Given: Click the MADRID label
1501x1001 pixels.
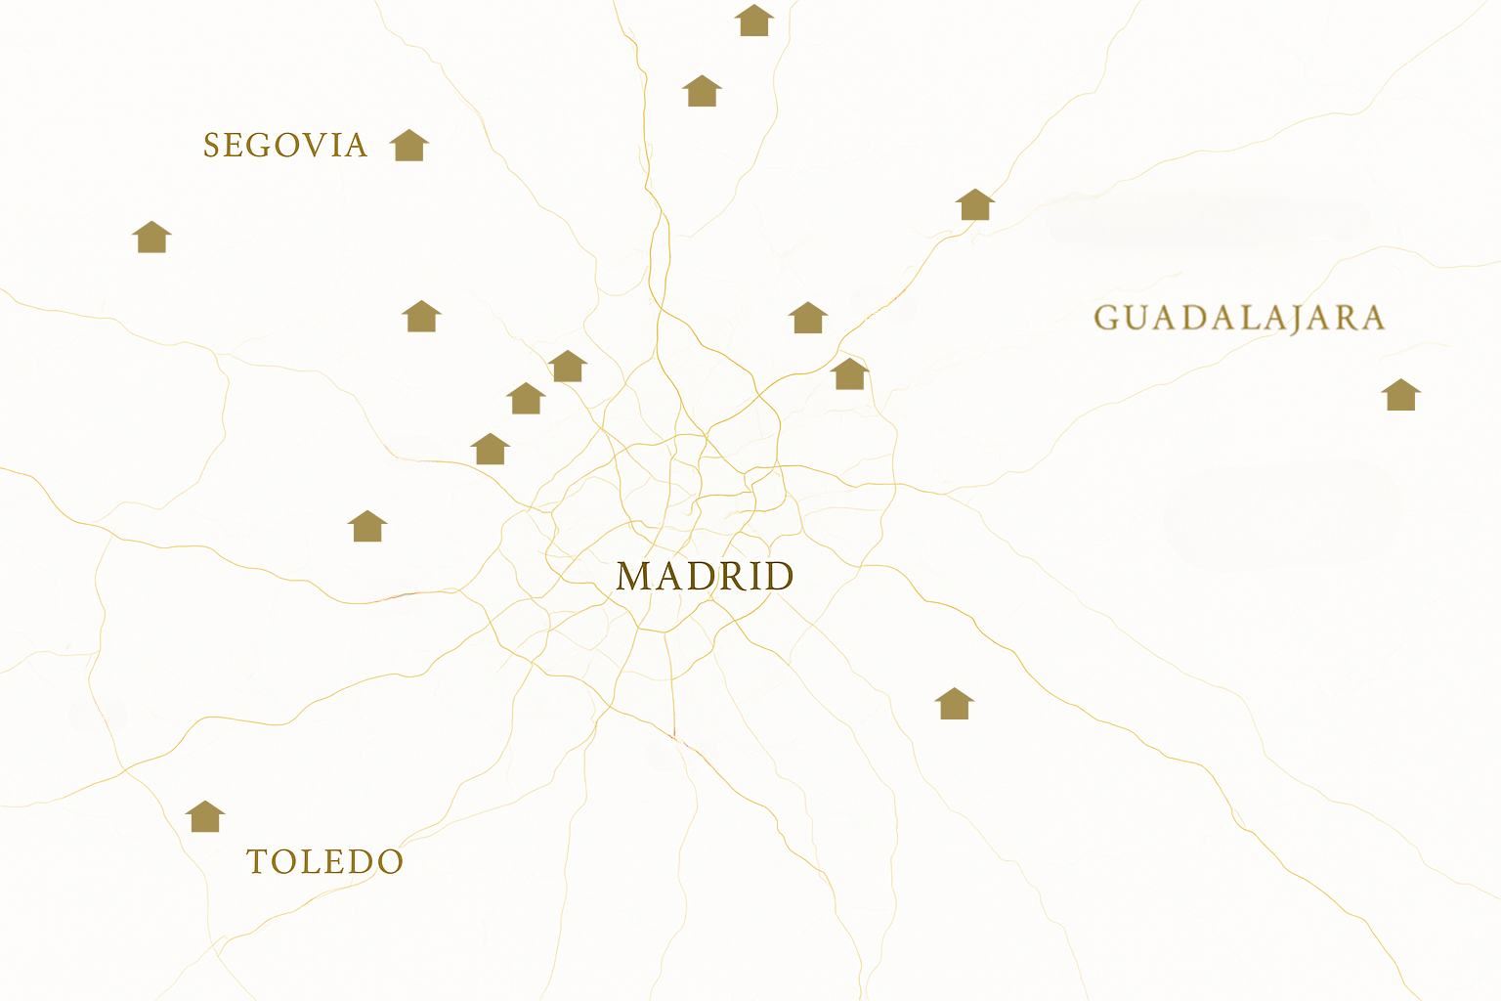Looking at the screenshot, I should coord(705,576).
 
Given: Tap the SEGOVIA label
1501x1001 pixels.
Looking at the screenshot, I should coord(285,146).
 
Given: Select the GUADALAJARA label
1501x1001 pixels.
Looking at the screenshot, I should coord(1239,319).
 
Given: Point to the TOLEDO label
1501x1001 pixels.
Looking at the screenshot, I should coord(324,861).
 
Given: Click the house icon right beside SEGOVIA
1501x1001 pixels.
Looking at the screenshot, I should coord(409,146).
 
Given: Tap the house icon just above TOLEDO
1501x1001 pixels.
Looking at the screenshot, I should coord(205,817).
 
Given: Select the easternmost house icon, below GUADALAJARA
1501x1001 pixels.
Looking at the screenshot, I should coord(1400,395).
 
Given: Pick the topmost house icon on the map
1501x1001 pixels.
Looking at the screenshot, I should coord(754,21).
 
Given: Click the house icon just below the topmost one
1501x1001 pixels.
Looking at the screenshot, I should coord(702,92).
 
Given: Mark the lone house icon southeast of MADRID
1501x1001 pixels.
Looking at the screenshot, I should coord(955,704).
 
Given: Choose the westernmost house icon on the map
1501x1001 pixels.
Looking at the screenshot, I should coord(151,238).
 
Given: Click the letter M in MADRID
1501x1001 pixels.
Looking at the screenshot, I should coord(635,576).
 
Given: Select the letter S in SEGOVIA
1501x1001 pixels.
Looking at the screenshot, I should coord(211,146).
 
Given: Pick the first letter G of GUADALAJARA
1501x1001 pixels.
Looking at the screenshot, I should coord(1106,319).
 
